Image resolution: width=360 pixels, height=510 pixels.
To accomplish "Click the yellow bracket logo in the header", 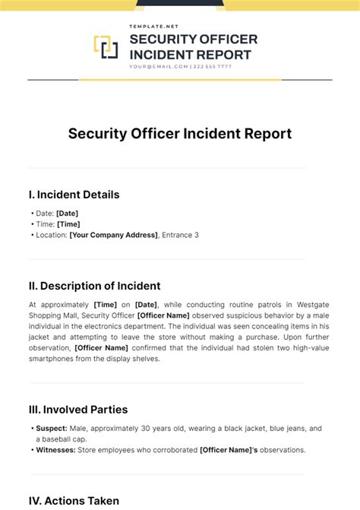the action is click(106, 47).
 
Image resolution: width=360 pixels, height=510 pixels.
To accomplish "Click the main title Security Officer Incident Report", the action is click(180, 134).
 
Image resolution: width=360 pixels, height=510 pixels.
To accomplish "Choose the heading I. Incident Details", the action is click(74, 195).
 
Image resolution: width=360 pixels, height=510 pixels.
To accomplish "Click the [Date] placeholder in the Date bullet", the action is click(67, 214).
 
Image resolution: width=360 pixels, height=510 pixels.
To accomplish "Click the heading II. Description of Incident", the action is click(94, 286).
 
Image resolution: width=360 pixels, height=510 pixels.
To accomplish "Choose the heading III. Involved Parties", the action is click(78, 410).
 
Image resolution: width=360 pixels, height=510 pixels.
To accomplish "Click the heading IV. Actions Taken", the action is click(74, 501).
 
